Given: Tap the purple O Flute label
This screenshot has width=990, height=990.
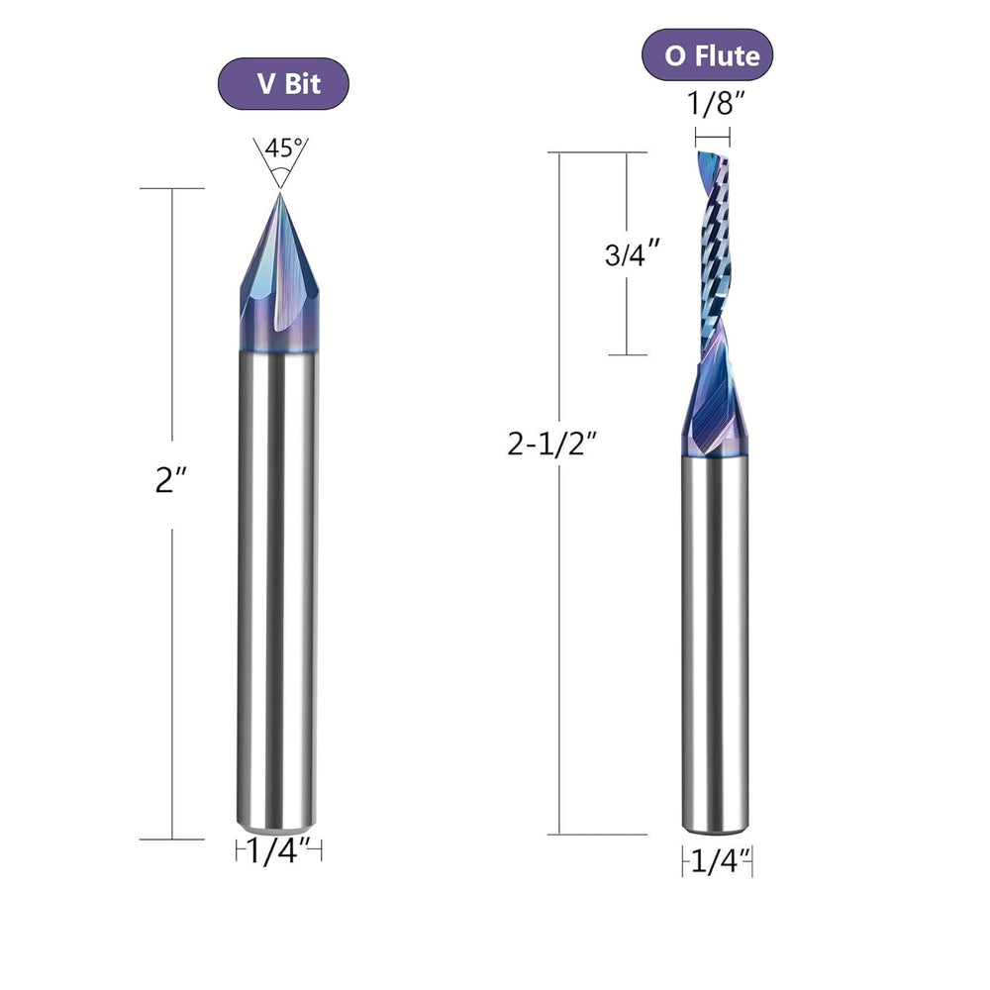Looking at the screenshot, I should [707, 55].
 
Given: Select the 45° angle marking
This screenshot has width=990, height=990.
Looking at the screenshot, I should [280, 148].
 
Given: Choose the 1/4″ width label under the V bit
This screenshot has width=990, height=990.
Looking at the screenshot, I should [279, 850].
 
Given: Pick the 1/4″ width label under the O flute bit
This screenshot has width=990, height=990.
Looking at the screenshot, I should [716, 862].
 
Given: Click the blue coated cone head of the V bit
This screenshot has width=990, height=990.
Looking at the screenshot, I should [278, 287].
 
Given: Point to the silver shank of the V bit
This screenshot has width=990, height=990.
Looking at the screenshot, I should [278, 584].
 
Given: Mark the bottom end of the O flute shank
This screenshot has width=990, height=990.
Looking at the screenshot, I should [714, 827].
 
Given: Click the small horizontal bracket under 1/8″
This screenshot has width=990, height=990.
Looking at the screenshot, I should [713, 137].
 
